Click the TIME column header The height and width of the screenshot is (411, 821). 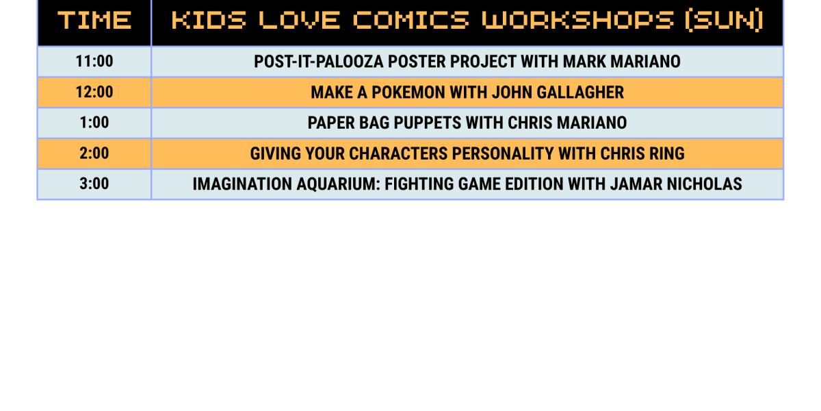pos(94,20)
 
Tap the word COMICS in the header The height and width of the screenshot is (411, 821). pos(411,20)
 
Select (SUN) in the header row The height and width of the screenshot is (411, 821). pos(725,21)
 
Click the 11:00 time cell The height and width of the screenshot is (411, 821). pos(94,61)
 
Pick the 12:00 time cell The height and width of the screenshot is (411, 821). pos(94,92)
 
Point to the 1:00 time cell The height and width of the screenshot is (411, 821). pos(94,123)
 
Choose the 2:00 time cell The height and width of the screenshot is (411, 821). pos(94,153)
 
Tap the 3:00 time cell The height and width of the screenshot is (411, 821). pos(94,184)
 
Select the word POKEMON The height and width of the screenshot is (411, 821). pos(408,92)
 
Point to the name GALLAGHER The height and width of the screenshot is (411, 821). pos(580,92)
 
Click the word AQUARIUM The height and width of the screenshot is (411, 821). pos(338,184)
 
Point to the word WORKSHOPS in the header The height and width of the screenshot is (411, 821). pos(578,20)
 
